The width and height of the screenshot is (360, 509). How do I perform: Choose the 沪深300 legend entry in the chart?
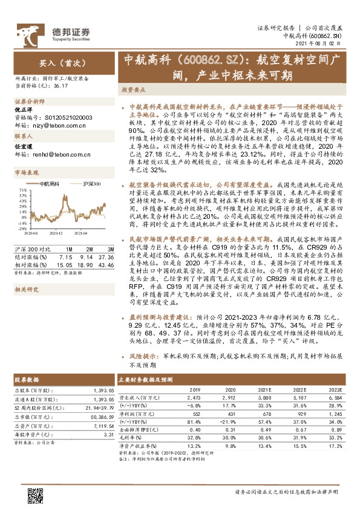(92, 183)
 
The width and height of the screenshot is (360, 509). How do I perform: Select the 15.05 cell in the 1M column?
(64, 265)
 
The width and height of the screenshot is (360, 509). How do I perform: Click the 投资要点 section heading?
(133, 89)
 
